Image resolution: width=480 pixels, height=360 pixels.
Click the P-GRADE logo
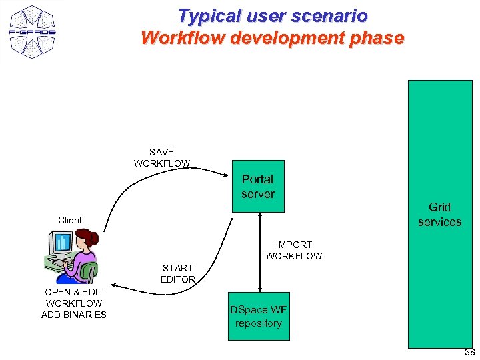pyautogui.click(x=32, y=31)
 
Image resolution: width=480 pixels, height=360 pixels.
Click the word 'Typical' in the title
pyautogui.click(x=203, y=15)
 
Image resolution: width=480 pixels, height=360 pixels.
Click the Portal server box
pyautogui.click(x=258, y=186)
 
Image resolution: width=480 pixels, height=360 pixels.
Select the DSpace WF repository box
pyautogui.click(x=259, y=316)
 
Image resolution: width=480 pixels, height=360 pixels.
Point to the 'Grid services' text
pyautogui.click(x=439, y=214)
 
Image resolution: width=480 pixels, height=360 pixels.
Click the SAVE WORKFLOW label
pyautogui.click(x=161, y=157)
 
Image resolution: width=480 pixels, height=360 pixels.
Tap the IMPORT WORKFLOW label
pyautogui.click(x=293, y=250)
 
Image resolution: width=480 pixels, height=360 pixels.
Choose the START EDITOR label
pyautogui.click(x=177, y=273)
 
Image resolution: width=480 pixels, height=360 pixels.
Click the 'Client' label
pyautogui.click(x=70, y=220)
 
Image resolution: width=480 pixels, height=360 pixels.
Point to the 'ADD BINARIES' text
pyautogui.click(x=73, y=315)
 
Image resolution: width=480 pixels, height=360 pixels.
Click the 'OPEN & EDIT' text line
pyautogui.click(x=73, y=292)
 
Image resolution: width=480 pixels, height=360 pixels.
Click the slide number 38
pyautogui.click(x=469, y=353)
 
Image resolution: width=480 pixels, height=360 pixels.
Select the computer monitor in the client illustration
pyautogui.click(x=61, y=245)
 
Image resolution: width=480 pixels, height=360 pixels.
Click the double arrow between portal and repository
pyautogui.click(x=259, y=252)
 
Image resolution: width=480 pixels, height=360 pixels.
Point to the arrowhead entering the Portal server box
pyautogui.click(x=226, y=174)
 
